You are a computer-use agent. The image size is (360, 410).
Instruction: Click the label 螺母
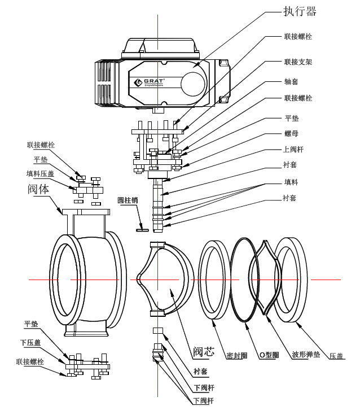tap(291, 136)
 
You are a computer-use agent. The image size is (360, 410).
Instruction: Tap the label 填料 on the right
tap(291, 183)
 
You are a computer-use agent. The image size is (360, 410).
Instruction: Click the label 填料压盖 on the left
tap(41, 173)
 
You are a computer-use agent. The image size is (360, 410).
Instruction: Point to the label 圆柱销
tap(128, 200)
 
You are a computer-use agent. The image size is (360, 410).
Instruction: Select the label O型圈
tap(269, 355)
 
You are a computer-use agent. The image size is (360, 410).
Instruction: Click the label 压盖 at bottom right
tap(337, 355)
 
